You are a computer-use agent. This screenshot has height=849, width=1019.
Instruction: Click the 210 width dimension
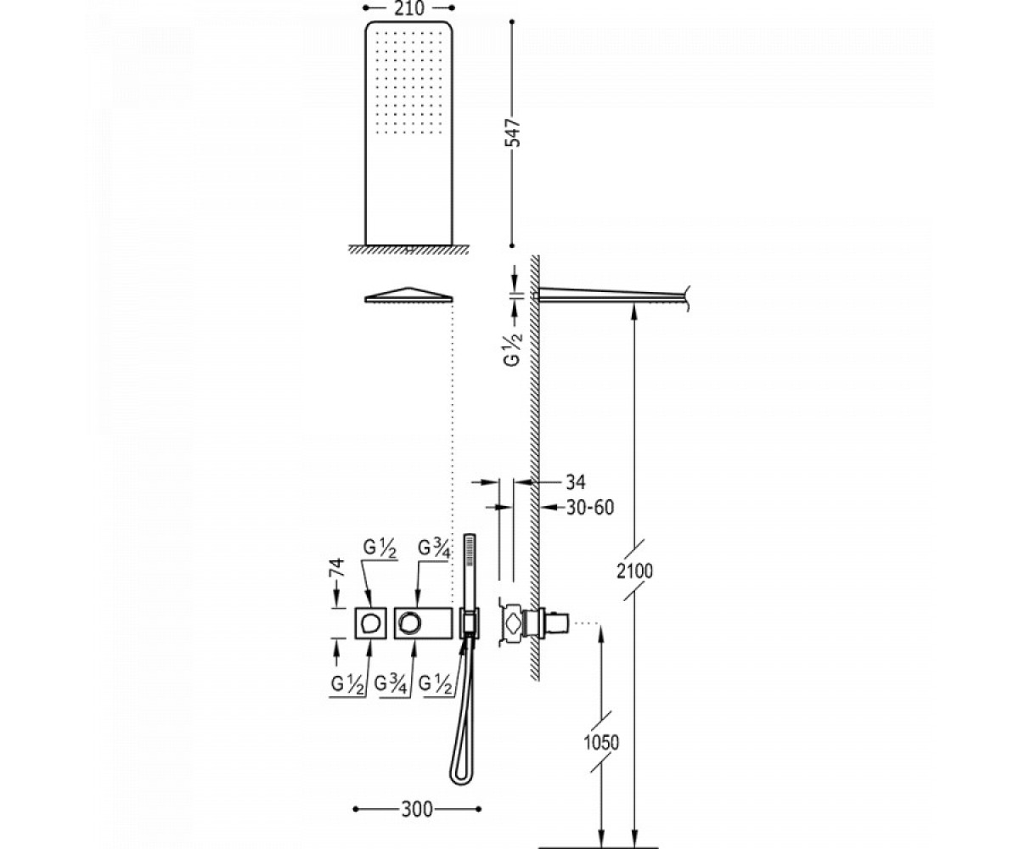(x=409, y=8)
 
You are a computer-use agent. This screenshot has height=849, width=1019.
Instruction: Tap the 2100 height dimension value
(x=634, y=571)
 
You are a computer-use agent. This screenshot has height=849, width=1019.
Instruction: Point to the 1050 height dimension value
(x=601, y=743)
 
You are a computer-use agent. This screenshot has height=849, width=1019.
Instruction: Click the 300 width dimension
(x=417, y=809)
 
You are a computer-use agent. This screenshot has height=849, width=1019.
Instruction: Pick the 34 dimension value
(x=576, y=482)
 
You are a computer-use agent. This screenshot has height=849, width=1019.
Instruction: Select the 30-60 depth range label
(x=590, y=508)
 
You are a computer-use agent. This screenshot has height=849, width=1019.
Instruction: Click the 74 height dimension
(x=337, y=567)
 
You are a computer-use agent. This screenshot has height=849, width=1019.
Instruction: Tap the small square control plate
(x=370, y=622)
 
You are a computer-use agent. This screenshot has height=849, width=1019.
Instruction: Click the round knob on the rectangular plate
(x=409, y=622)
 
